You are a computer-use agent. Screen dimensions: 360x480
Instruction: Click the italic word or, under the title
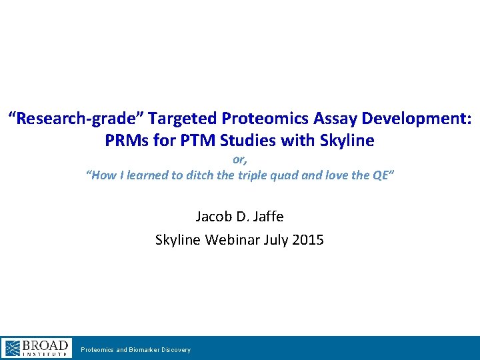[x=239, y=160]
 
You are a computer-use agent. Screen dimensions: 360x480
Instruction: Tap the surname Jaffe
[x=267, y=216]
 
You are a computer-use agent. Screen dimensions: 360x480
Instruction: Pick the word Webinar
[x=230, y=239]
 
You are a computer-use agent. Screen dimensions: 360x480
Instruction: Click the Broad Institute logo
[x=37, y=348]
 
